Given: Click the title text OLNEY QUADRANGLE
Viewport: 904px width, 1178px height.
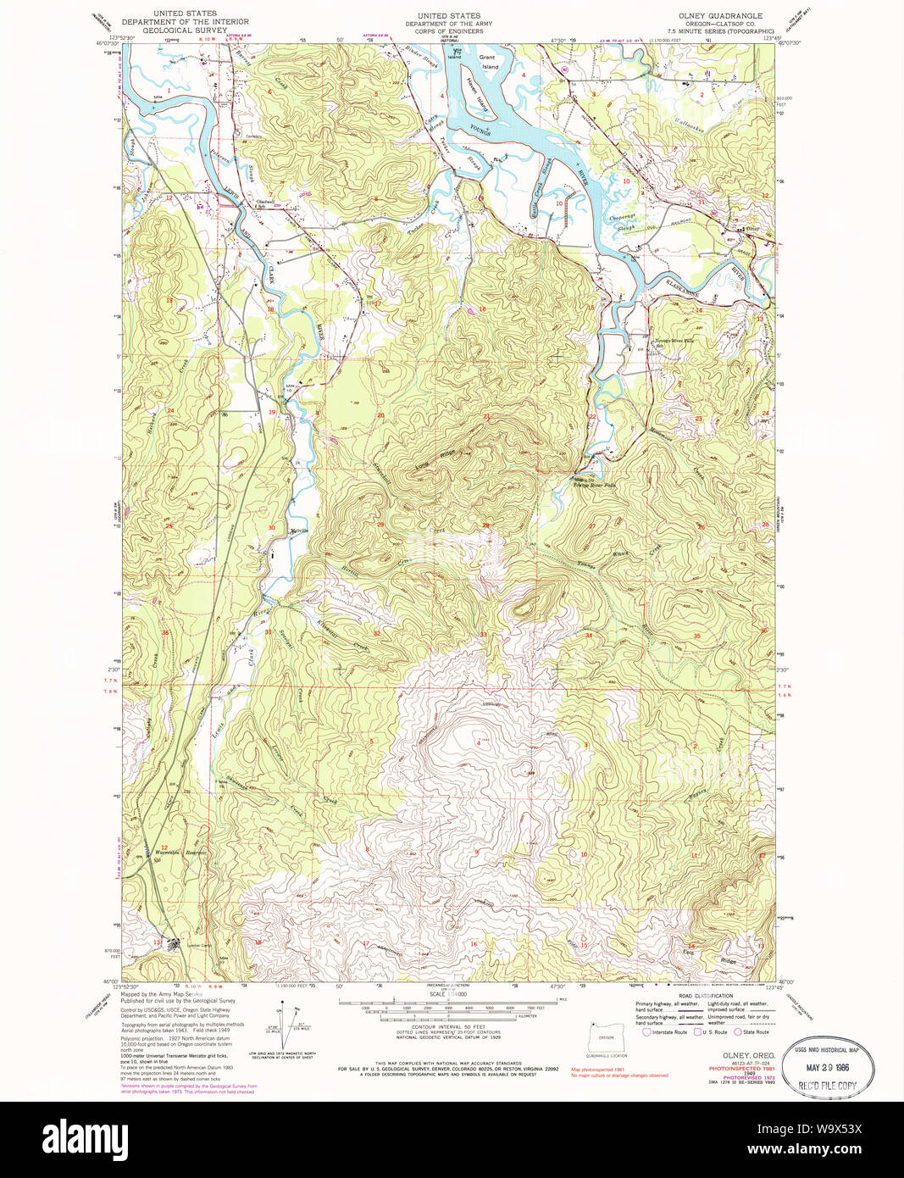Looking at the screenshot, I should coord(719,15).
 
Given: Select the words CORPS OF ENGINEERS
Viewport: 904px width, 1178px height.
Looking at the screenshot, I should coord(449,31).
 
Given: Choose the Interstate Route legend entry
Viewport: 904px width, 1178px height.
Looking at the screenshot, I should coord(668,1031).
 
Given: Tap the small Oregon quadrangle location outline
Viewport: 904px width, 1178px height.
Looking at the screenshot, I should coord(605,1037).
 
